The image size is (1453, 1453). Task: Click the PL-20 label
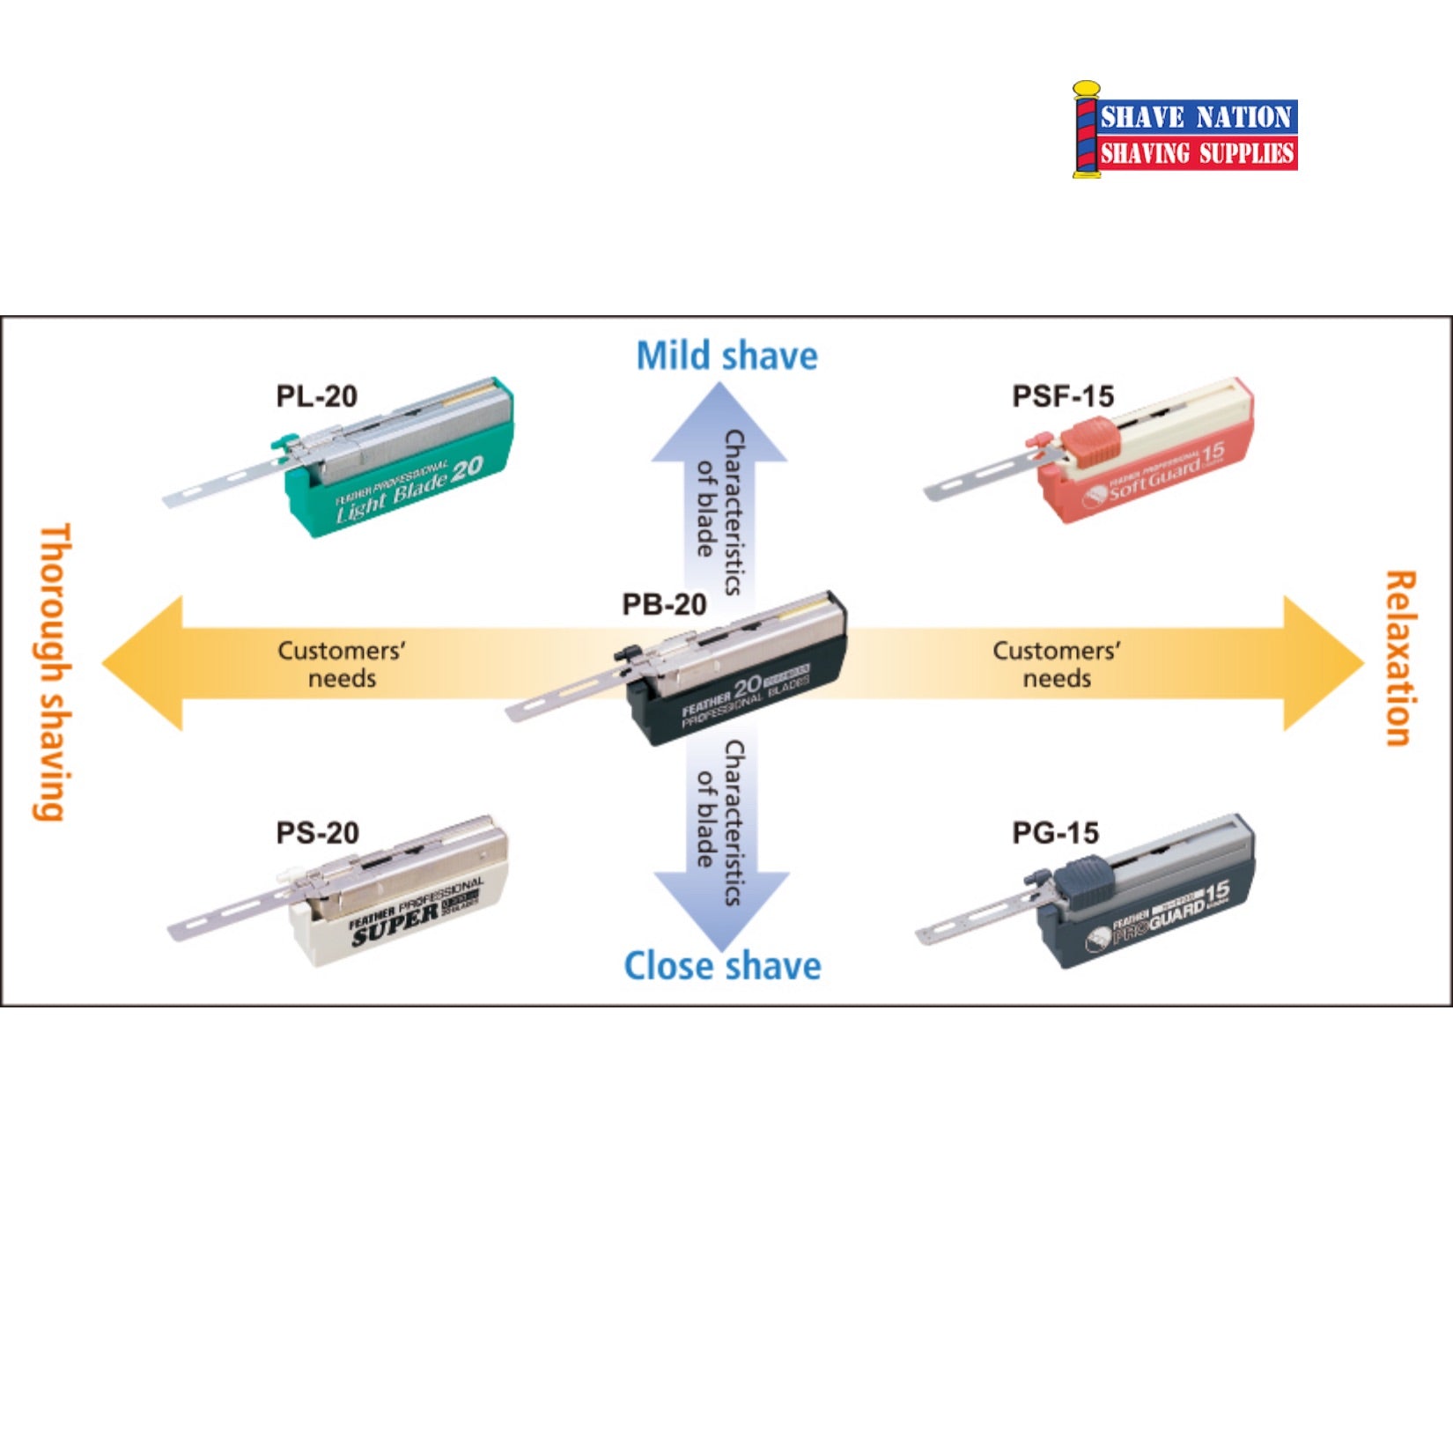click(x=317, y=396)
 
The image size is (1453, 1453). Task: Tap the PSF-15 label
click(x=1063, y=396)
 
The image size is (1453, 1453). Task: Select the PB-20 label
click(x=664, y=604)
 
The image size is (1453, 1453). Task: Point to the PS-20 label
click(x=317, y=832)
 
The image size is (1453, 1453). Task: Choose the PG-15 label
click(x=1055, y=832)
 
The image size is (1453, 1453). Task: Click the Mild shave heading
click(x=726, y=356)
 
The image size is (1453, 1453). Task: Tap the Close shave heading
click(x=722, y=966)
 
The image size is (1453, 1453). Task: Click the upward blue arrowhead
click(x=719, y=423)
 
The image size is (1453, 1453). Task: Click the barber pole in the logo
click(x=1086, y=130)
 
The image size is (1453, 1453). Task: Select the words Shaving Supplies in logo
click(x=1196, y=154)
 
